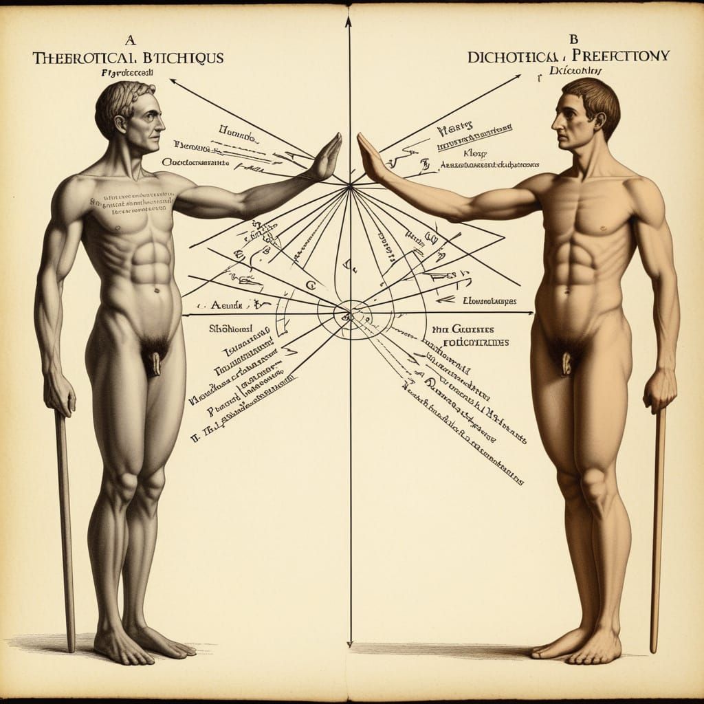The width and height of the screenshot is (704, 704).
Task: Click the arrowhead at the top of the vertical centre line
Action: click(349, 21)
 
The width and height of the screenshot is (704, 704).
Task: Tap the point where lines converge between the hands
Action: click(350, 184)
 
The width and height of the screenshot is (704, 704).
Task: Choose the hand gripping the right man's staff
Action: click(659, 391)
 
